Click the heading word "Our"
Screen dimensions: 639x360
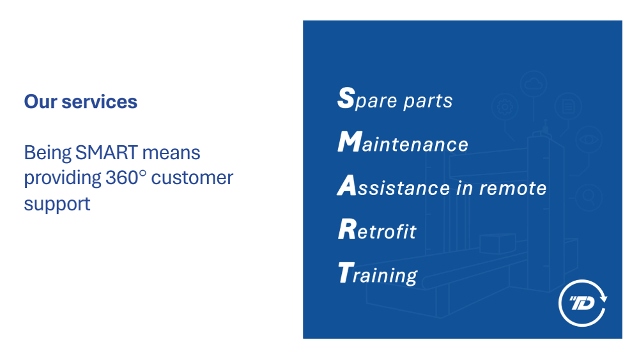coord(40,102)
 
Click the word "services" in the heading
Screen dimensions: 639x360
coord(100,102)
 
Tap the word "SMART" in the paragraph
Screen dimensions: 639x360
coord(107,153)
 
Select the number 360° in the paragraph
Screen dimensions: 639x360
coord(125,178)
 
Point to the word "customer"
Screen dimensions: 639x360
coord(192,178)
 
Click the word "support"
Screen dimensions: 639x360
coord(57,204)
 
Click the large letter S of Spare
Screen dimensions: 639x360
coord(346,98)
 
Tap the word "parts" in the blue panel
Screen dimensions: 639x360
coord(428,101)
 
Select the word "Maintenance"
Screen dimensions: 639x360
coord(403,143)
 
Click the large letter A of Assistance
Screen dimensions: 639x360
coord(347,185)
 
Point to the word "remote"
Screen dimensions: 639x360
coord(512,189)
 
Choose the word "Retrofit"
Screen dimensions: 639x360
coord(377,230)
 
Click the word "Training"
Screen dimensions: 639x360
coord(378,274)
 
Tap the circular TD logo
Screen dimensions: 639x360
coord(583,303)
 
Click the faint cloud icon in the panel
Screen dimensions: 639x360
coord(534,84)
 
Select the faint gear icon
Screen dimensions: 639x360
coord(505,107)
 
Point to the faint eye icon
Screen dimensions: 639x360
coord(589,139)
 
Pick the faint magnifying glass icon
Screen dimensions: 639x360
coord(589,197)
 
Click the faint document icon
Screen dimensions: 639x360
coord(568,106)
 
